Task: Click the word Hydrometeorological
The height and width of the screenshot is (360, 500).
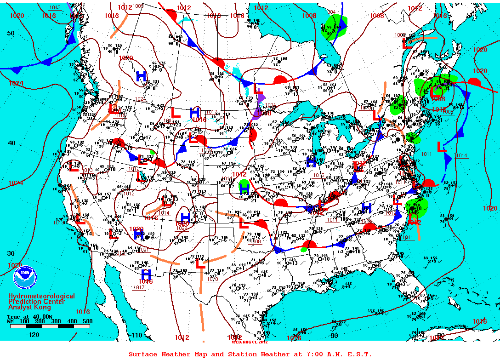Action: (41, 297)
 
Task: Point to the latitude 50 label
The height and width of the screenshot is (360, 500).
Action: (11, 33)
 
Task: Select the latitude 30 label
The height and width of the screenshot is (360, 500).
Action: (11, 253)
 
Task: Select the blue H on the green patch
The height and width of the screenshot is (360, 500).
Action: (244, 189)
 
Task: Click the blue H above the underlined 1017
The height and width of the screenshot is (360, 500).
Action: (146, 274)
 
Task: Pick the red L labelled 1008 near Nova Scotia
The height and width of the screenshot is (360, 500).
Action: (436, 91)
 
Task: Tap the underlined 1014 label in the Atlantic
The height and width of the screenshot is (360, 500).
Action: (461, 156)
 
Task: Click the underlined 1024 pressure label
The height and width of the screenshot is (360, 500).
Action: (140, 99)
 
